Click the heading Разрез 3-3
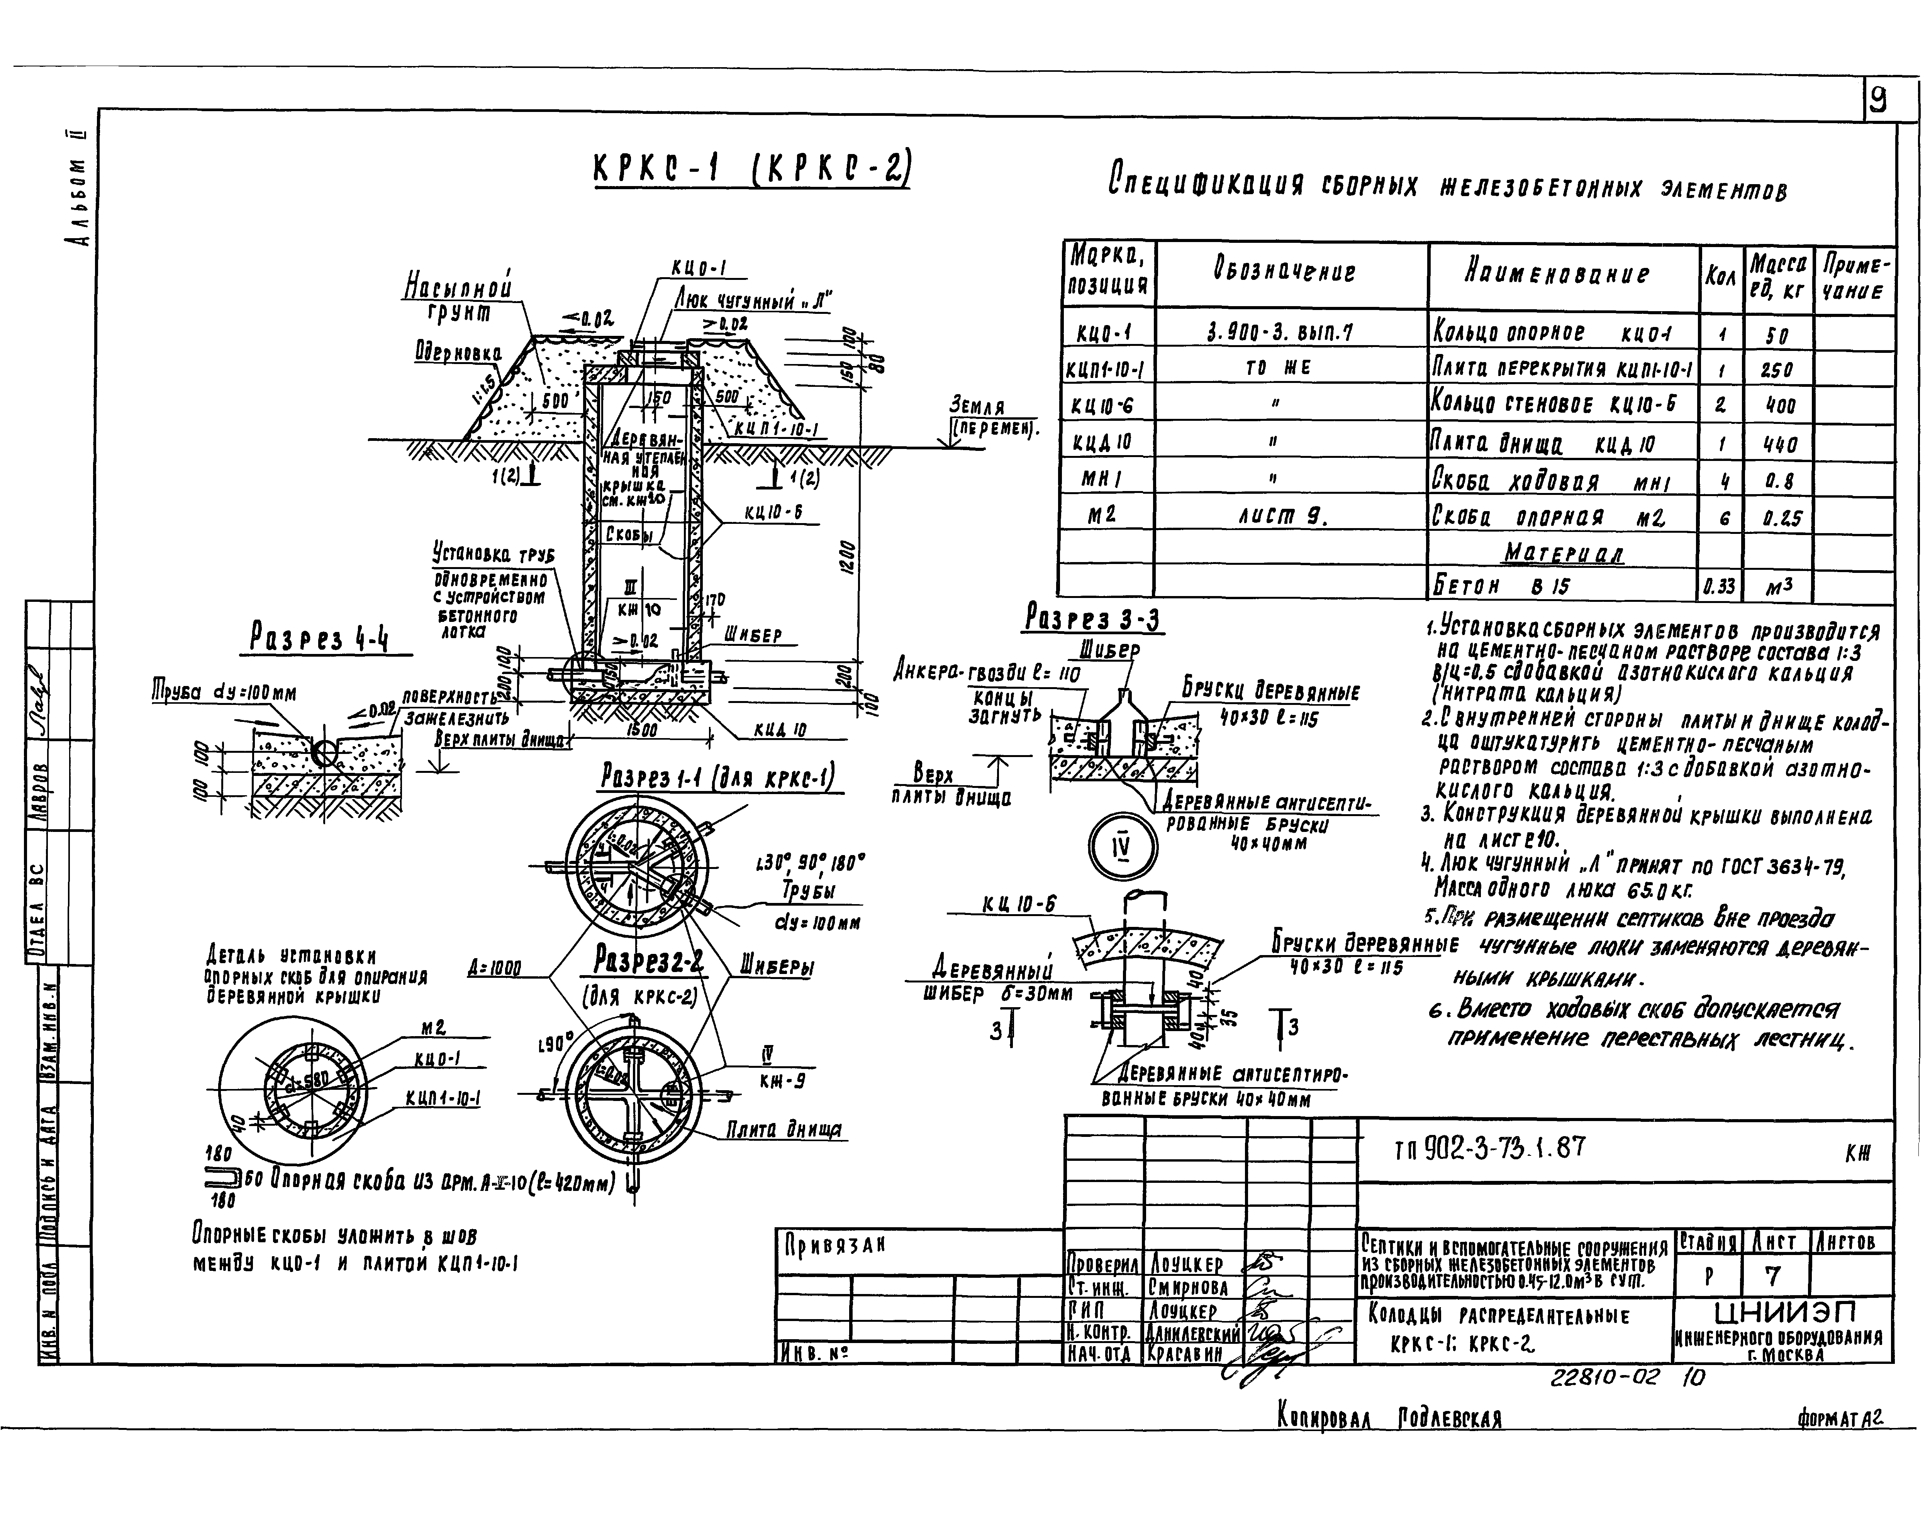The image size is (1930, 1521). click(x=1093, y=618)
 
